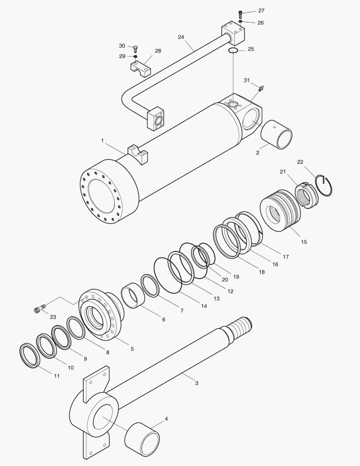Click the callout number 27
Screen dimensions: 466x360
[x=261, y=11]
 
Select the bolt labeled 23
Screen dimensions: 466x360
[x=39, y=309]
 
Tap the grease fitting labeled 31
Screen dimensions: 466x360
[x=260, y=88]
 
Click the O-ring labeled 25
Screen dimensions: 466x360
[x=233, y=51]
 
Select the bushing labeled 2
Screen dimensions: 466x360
[x=277, y=135]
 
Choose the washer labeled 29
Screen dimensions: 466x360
[x=135, y=57]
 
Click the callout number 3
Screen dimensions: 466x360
[x=197, y=383]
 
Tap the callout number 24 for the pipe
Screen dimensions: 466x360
[x=181, y=37]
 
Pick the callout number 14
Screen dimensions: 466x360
[x=203, y=306]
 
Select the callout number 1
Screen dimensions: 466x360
[x=103, y=141]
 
